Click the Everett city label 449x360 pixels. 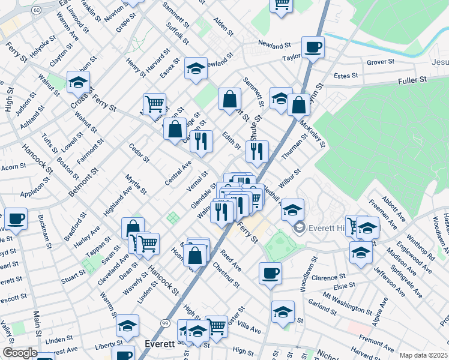tap(160, 344)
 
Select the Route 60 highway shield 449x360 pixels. tap(37, 10)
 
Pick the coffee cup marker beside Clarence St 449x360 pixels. tap(270, 273)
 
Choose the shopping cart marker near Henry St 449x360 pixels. tap(154, 104)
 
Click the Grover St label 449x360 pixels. tap(380, 61)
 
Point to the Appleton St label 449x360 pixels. tap(34, 194)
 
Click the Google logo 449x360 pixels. tap(19, 353)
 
